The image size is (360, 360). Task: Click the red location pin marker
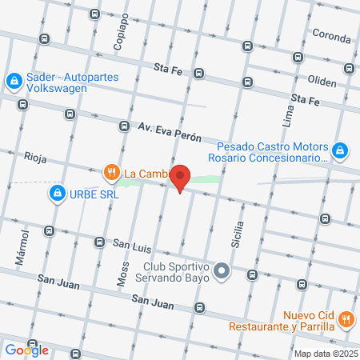tap(182, 178)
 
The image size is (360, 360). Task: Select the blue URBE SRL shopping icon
tap(58, 193)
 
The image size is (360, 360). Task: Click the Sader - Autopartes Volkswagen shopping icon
tap(14, 80)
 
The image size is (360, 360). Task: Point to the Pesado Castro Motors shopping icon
tap(339, 150)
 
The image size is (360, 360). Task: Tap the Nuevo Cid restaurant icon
tap(346, 318)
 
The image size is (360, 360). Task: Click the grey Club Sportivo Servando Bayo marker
tap(222, 270)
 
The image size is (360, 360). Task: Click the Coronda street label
tap(331, 38)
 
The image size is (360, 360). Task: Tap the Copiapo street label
tap(122, 31)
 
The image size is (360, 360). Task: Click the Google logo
tap(26, 350)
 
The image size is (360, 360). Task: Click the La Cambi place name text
tap(145, 171)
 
